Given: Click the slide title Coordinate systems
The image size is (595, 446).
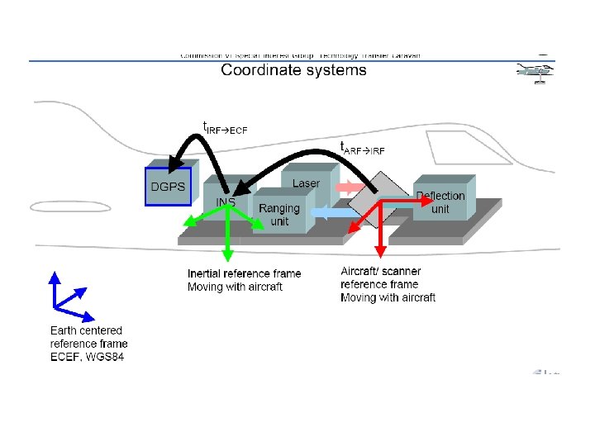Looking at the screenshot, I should [x=293, y=70].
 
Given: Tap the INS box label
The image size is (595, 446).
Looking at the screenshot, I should [x=226, y=202].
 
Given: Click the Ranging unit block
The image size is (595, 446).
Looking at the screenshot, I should [x=280, y=215].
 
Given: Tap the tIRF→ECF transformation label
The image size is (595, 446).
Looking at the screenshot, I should [x=225, y=128].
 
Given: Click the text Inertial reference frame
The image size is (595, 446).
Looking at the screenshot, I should [x=244, y=273].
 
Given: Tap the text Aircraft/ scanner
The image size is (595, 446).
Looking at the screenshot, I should [x=380, y=271].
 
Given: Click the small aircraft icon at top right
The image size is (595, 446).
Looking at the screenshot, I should [x=535, y=74].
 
